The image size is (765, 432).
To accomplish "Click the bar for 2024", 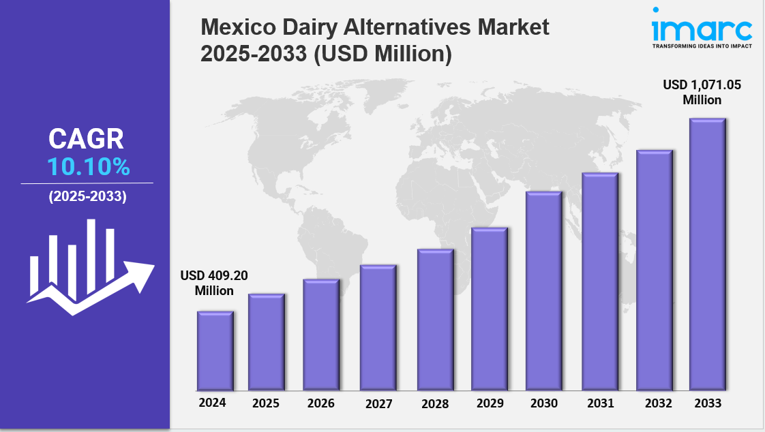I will [x=215, y=351].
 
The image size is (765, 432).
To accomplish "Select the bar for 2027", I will [x=378, y=328].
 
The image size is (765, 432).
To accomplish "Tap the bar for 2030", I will [x=543, y=291].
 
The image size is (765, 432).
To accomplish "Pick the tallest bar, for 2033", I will [x=707, y=254].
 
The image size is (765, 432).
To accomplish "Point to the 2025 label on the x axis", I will [x=266, y=403].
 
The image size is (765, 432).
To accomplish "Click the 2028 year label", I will [x=435, y=404].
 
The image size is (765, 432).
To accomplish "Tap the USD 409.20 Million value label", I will [x=214, y=283].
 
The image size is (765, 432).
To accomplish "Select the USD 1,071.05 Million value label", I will [x=702, y=92].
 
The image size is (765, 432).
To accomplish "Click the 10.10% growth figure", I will [x=88, y=167].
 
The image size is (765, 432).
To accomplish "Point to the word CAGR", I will [x=87, y=139].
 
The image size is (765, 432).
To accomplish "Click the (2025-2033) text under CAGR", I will [x=87, y=197].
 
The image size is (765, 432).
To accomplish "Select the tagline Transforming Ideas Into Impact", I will [x=702, y=46].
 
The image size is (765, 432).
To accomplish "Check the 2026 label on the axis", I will [x=321, y=403].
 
